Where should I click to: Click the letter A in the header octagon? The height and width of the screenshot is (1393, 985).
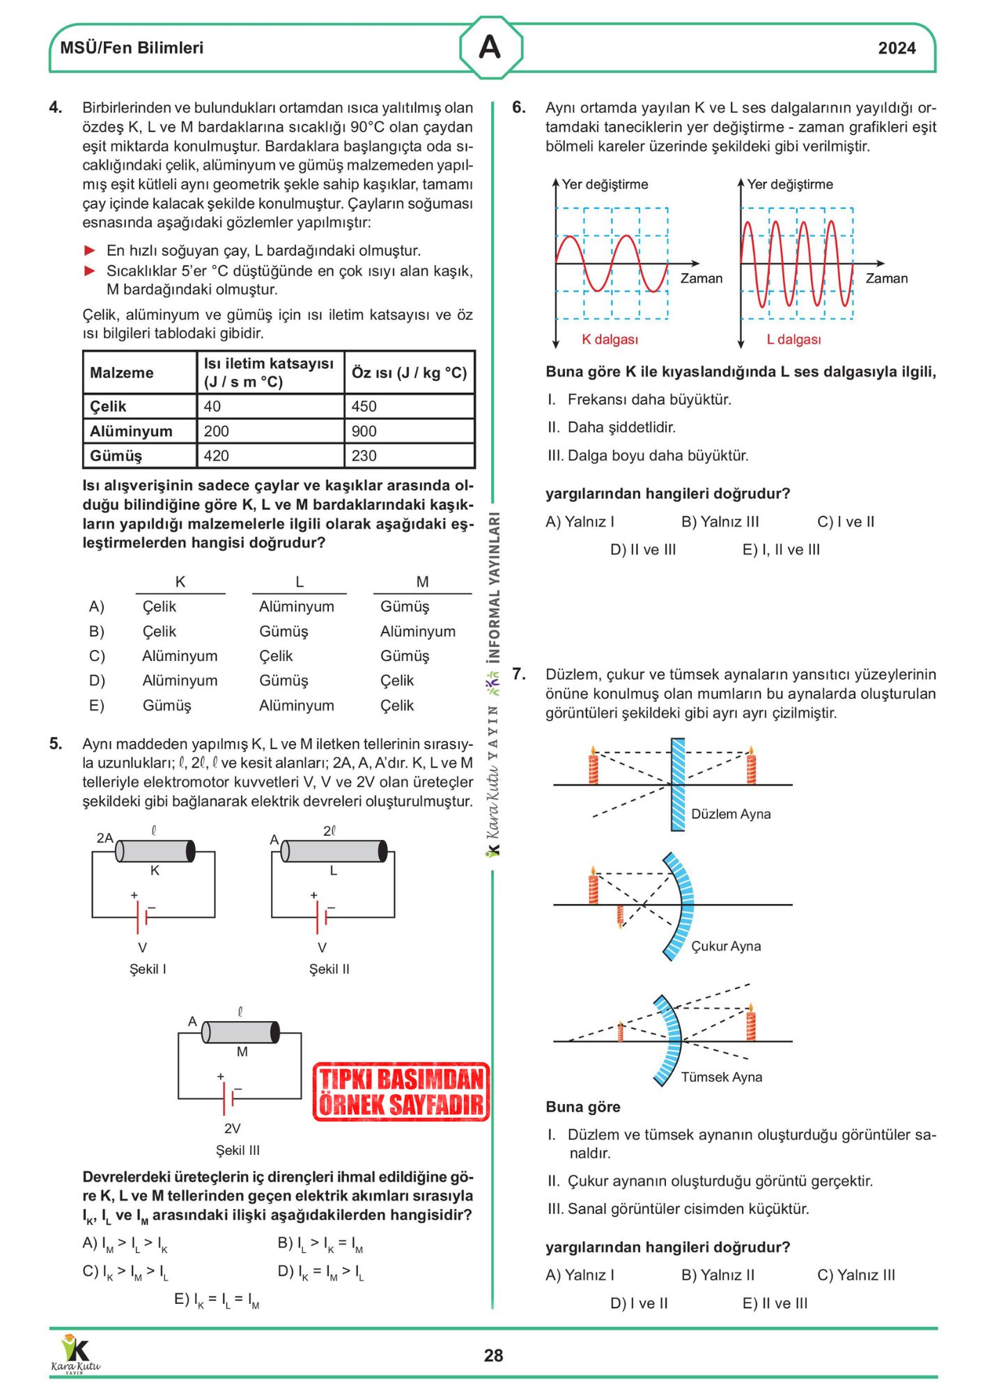coord(490,47)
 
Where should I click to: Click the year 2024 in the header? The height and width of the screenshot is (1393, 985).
coord(897,48)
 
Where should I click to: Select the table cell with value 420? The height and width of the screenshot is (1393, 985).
coord(217,456)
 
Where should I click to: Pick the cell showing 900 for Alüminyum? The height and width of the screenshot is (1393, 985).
coord(364,431)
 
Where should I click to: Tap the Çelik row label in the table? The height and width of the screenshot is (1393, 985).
coord(109,406)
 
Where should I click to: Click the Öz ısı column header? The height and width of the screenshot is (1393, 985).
coord(409,373)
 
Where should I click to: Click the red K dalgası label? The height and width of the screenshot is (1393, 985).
coord(610,339)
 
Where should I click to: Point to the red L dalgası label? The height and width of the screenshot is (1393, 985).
coord(793,339)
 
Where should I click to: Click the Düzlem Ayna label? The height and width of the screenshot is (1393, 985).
coord(731,814)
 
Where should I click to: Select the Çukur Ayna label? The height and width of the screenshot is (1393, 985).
coord(726,946)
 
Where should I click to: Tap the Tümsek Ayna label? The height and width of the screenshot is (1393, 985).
coord(721,1077)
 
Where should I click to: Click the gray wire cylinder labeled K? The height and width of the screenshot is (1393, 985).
coord(155,851)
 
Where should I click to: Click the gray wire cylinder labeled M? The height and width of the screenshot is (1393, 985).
coord(240,1032)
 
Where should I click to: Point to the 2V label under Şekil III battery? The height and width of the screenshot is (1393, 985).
coord(232,1128)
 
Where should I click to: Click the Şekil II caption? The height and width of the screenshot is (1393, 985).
coord(329,969)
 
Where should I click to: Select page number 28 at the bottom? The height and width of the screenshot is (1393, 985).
coord(493,1355)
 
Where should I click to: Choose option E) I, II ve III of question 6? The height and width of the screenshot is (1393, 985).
coord(781,550)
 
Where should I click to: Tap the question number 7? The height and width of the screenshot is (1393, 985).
coord(519,674)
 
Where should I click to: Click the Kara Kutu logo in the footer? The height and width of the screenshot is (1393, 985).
coord(75,1353)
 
